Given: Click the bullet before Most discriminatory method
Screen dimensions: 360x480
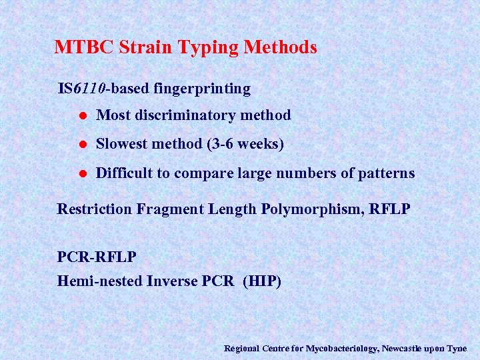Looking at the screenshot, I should click(x=81, y=116).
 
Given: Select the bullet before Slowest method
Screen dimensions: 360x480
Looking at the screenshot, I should click(x=81, y=145).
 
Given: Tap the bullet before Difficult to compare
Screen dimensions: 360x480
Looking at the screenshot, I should click(x=81, y=174).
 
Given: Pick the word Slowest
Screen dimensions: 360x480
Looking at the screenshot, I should click(x=123, y=144).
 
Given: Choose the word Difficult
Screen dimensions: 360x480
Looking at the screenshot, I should click(x=125, y=173).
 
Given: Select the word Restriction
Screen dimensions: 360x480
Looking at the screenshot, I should click(x=95, y=209).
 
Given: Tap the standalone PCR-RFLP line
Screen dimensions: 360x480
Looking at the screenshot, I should click(x=97, y=257).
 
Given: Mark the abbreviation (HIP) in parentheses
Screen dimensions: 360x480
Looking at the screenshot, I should click(x=263, y=281).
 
